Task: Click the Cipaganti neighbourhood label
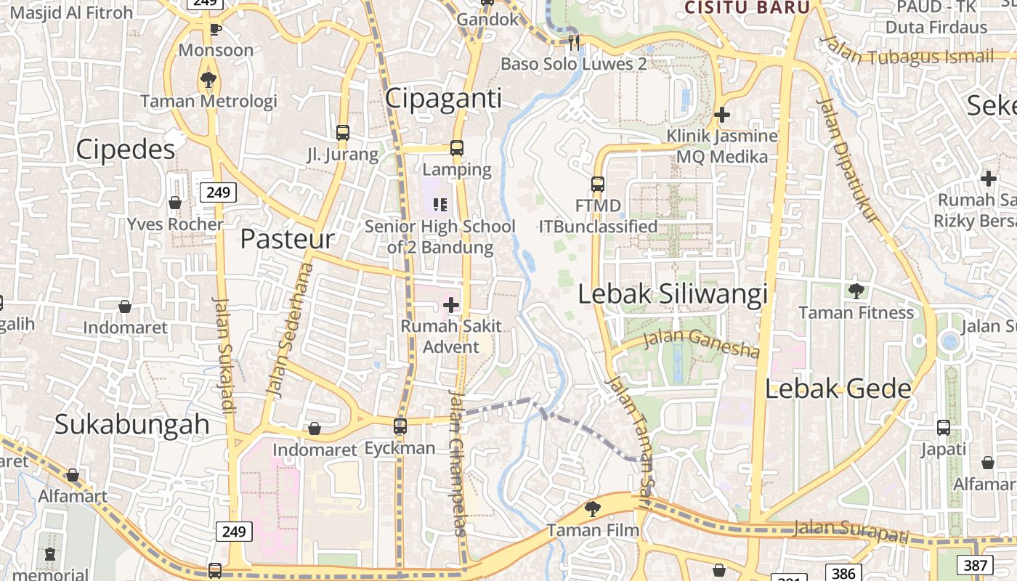point(443,98)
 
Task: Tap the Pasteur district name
point(287,239)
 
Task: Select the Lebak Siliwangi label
point(673,294)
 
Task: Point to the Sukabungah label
point(132,424)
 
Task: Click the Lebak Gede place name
point(838,389)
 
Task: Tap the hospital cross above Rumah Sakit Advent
point(451,305)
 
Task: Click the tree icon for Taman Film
point(593,508)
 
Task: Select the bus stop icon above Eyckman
point(400,426)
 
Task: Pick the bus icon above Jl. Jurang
point(343,133)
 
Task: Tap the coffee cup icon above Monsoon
point(215,29)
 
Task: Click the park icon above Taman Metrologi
point(208,79)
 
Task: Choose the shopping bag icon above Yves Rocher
point(175,203)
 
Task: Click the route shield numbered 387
point(976,565)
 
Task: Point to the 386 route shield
point(843,574)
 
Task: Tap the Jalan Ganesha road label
point(702,343)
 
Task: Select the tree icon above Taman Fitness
point(856,291)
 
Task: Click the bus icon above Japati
point(944,428)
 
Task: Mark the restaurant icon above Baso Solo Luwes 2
point(574,42)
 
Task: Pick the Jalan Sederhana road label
point(289,330)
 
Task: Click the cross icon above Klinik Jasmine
point(722,115)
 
